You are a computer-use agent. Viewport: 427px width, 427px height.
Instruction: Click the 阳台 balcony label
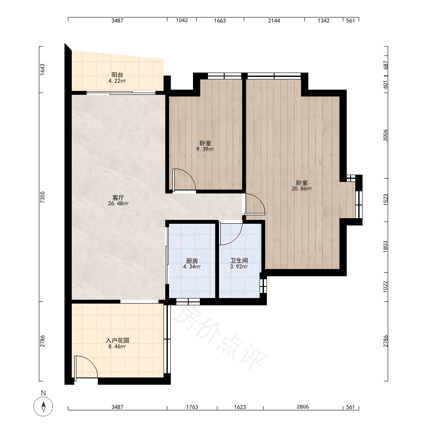tap(117, 75)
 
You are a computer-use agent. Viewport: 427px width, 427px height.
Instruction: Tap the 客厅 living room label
tap(118, 198)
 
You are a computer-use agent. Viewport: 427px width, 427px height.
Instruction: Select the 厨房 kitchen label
tap(192, 261)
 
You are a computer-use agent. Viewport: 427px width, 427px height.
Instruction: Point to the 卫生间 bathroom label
tap(239, 260)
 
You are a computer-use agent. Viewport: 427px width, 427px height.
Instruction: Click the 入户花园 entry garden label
tap(117, 340)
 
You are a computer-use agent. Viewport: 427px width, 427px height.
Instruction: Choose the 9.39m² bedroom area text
tap(205, 149)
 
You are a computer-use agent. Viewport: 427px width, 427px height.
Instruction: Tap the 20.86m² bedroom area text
tap(302, 188)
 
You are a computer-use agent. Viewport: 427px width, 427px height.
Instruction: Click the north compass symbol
tap(43, 407)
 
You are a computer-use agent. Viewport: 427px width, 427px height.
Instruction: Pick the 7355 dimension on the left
tap(42, 197)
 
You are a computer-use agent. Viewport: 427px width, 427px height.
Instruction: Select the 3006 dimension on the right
tap(385, 135)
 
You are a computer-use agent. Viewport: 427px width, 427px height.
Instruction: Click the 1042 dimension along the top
tap(182, 20)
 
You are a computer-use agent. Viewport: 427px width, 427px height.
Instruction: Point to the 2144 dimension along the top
tap(274, 20)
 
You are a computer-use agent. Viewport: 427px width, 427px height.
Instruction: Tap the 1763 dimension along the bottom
tap(192, 407)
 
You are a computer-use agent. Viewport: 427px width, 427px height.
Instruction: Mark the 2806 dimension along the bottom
tap(303, 407)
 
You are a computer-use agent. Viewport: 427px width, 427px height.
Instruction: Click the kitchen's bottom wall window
tap(188, 301)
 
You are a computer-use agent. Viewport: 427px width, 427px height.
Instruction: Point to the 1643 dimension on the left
tap(42, 70)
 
